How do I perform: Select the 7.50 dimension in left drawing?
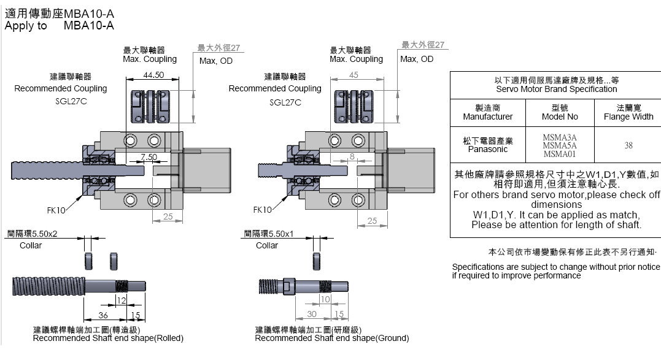(148, 156)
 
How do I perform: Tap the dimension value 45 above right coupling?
(354, 75)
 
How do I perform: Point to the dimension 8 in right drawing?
(352, 156)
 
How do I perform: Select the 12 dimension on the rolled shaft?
(122, 300)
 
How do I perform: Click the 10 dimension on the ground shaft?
(325, 299)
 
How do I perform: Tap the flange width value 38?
(628, 146)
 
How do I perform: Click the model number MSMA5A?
(560, 146)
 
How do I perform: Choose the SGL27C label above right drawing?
(285, 102)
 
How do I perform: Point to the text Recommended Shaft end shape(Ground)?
(331, 338)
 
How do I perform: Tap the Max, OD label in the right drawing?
(417, 59)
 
